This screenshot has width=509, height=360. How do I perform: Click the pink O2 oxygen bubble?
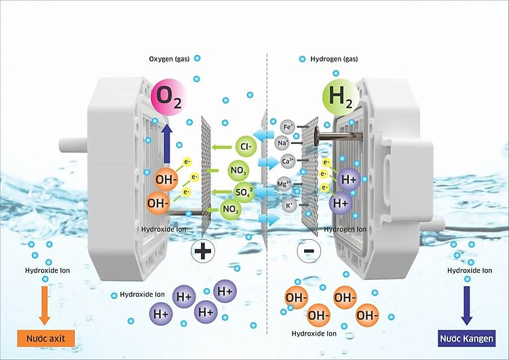(x=167, y=98)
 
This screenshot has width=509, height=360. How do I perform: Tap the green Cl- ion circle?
(x=245, y=146)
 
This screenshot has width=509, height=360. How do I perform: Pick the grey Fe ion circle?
(x=288, y=126)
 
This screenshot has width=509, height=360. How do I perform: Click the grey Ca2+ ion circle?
(x=288, y=162)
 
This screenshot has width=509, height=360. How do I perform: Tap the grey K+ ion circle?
(x=290, y=204)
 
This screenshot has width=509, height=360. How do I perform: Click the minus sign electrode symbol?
(x=308, y=251)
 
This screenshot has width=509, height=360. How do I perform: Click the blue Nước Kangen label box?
(x=466, y=338)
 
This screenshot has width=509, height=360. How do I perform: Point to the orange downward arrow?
(x=45, y=304)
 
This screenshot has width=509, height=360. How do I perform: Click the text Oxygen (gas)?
(x=169, y=59)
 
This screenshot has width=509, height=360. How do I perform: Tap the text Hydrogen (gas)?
(x=333, y=59)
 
